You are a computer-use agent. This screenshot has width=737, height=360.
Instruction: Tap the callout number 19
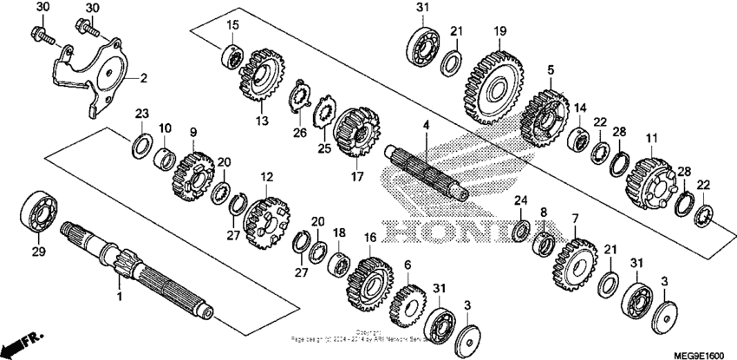click(x=499, y=31)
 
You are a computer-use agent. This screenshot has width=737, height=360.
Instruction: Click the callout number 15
click(x=232, y=23)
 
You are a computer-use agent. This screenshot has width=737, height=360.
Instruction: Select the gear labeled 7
click(x=571, y=261)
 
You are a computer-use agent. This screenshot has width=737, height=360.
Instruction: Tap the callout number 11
click(x=652, y=138)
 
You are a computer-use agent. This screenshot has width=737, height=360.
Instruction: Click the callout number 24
click(x=520, y=201)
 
